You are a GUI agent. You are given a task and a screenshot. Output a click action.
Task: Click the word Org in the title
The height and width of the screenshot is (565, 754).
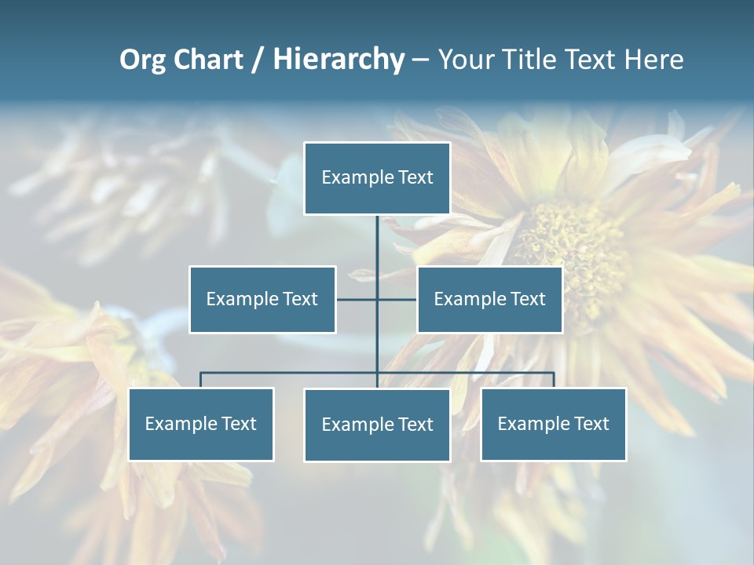click(x=142, y=60)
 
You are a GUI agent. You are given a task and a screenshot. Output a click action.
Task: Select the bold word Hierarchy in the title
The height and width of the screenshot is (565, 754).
click(x=339, y=60)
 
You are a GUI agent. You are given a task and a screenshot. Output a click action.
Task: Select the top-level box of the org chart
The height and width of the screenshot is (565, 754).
click(x=377, y=178)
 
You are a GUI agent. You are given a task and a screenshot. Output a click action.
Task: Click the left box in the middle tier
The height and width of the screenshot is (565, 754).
click(x=262, y=299)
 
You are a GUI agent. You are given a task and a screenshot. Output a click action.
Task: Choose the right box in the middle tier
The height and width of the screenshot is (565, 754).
click(x=490, y=299)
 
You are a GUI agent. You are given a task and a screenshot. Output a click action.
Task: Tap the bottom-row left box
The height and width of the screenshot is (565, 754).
click(x=201, y=425)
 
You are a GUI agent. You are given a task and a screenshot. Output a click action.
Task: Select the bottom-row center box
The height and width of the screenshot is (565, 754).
click(x=377, y=425)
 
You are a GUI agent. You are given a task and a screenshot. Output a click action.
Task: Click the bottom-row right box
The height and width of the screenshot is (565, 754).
click(x=554, y=425)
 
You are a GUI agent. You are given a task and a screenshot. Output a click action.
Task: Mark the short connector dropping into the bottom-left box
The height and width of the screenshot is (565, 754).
click(x=201, y=380)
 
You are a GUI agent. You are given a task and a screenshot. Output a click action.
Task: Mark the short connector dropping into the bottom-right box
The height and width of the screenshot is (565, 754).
click(x=554, y=380)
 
